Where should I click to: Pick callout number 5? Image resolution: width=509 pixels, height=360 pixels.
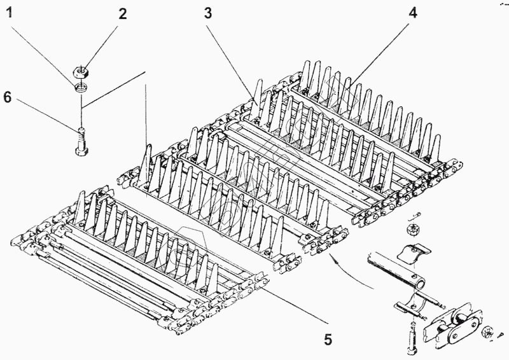tap(328, 340)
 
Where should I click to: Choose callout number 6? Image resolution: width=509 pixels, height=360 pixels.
tap(8, 97)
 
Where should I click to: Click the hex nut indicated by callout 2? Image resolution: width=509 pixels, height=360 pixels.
tap(82, 71)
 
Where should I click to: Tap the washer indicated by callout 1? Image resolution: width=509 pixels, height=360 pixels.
tap(81, 87)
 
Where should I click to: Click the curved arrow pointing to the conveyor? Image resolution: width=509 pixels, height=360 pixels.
tap(344, 267)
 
